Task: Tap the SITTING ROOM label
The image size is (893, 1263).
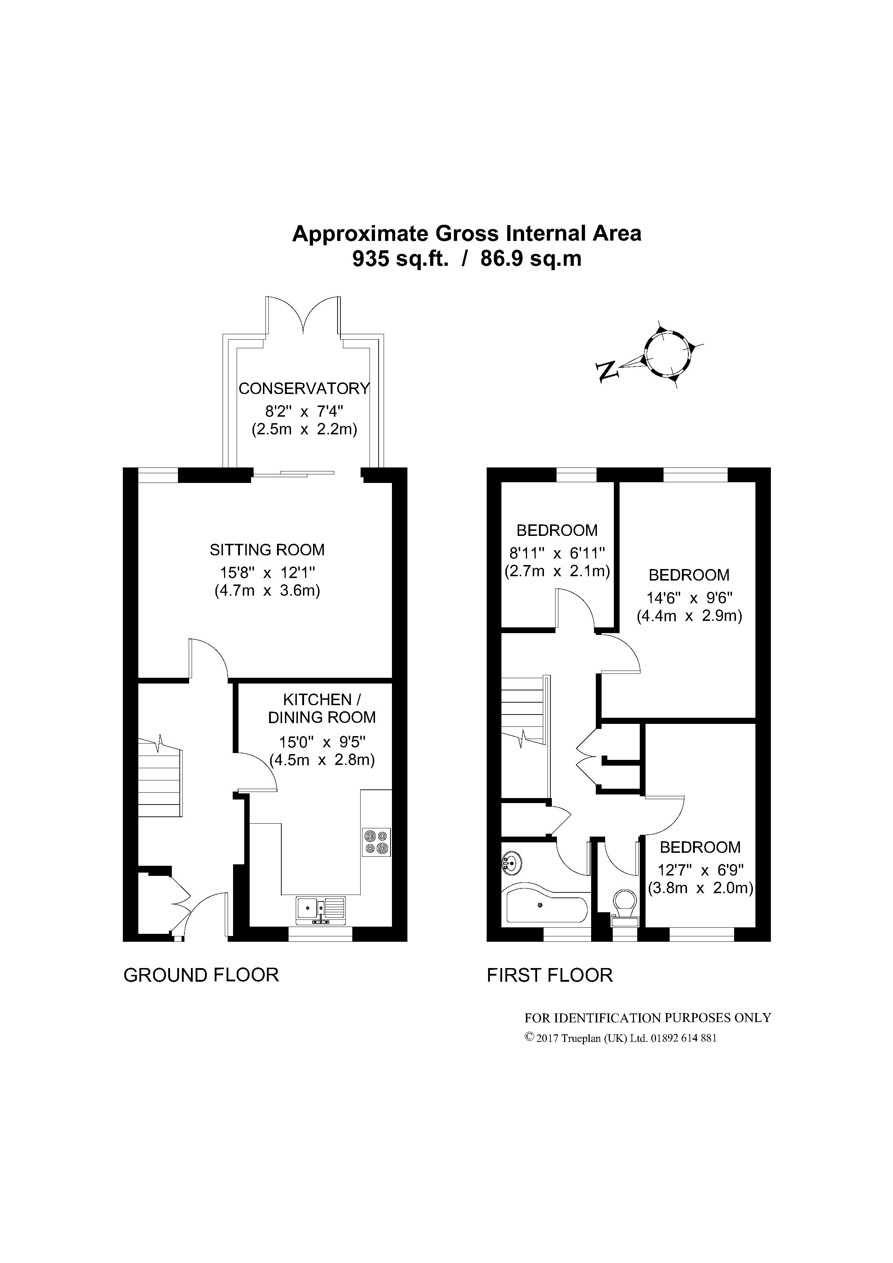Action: pyautogui.click(x=267, y=550)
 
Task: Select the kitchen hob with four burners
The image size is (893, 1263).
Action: pyautogui.click(x=376, y=842)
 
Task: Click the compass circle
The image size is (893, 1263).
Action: pyautogui.click(x=667, y=352)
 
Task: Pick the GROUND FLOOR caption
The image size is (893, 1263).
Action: pyautogui.click(x=201, y=975)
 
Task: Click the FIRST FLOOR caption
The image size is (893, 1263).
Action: pyautogui.click(x=550, y=975)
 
